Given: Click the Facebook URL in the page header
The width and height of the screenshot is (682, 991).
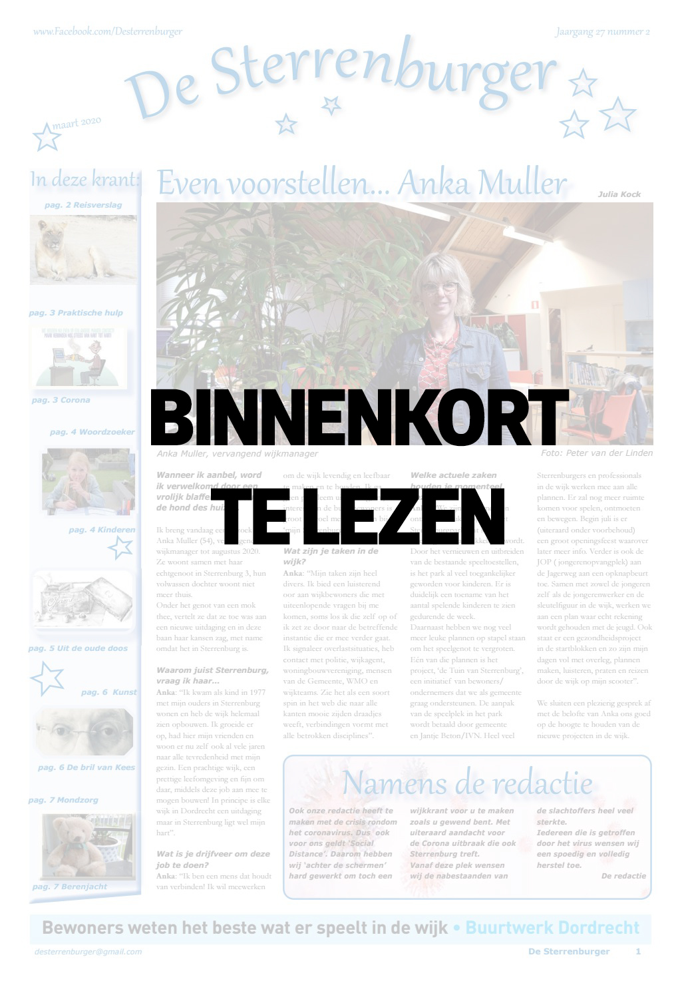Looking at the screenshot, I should pos(107,31).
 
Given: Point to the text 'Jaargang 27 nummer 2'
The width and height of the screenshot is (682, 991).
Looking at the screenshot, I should pos(602,31).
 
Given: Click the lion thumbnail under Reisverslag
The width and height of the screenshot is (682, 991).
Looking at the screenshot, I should pos(83,250).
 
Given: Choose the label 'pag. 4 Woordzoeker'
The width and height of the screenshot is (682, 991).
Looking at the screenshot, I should pos(92,432).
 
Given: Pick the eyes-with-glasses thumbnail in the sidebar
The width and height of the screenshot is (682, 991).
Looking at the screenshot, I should pos(85,731).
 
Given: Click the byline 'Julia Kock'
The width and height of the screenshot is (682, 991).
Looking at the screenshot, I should pos(619,194).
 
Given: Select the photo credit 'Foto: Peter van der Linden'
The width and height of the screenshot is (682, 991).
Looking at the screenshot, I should pos(597,453).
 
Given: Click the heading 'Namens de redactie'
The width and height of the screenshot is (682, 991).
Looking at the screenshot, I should pos(466,783).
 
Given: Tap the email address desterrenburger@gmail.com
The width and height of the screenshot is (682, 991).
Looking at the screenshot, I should pos(88,952).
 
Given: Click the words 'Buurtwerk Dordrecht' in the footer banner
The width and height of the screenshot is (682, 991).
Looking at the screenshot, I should pos(552,928).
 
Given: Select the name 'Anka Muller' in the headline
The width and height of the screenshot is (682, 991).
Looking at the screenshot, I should pos(483,183).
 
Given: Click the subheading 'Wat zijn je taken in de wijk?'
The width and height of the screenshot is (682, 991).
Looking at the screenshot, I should pos(331,556).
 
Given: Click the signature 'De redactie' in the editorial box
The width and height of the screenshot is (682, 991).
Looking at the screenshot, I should pos(623,876).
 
